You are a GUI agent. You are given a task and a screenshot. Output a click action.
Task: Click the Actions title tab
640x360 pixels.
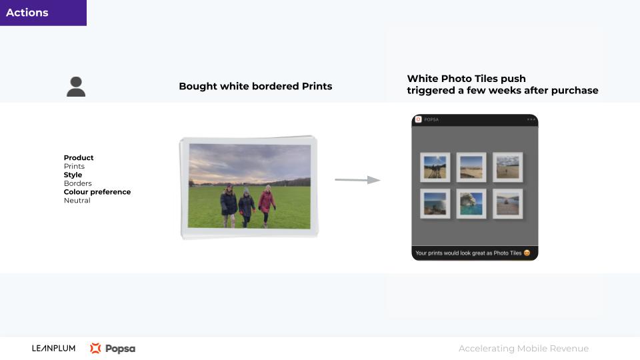[43, 13]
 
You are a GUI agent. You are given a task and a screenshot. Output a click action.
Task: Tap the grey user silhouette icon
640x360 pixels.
[76, 87]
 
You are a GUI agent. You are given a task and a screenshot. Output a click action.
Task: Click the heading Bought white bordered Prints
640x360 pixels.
[255, 86]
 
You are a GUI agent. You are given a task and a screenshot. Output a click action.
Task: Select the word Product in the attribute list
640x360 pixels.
[79, 157]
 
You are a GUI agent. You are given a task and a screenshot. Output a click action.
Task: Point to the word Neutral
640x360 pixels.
[77, 201]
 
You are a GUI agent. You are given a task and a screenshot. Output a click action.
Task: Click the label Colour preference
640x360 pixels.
[97, 192]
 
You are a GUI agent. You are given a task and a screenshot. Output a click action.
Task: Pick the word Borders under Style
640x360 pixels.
[77, 183]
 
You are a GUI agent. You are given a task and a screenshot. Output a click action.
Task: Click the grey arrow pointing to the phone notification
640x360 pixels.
[357, 179]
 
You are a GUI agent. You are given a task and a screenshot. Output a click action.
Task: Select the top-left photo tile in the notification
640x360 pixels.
[435, 167]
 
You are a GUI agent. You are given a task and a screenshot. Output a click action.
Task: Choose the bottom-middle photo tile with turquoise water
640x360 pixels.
[471, 204]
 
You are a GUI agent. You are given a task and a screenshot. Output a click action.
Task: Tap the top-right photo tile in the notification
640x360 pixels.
[508, 167]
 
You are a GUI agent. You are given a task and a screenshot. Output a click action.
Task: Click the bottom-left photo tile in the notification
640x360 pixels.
[435, 204]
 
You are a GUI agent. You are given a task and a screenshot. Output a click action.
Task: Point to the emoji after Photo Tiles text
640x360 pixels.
[527, 253]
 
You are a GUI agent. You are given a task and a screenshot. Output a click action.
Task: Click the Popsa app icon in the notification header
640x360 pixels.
[419, 119]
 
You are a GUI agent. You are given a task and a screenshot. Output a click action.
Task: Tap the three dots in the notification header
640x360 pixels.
[531, 119]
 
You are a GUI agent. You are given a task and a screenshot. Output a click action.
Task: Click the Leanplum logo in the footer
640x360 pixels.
[53, 348]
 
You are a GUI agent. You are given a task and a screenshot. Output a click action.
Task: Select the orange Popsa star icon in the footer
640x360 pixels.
[95, 348]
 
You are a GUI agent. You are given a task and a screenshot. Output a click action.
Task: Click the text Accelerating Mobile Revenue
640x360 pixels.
[524, 348]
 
